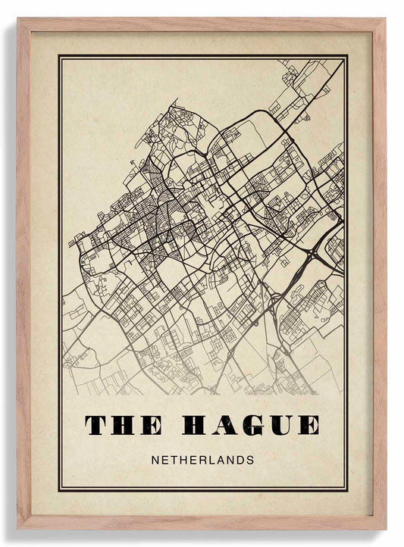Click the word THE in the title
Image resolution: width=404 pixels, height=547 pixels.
pos(123,425)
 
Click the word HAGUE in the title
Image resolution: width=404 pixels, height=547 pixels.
pos(251,425)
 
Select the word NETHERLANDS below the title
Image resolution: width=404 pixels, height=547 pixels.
pos(202,460)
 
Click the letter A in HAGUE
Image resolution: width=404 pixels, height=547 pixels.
pos(225,425)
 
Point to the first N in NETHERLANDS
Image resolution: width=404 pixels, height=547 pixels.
pos(155,460)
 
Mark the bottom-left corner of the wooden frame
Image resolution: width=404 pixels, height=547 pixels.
pos(19,527)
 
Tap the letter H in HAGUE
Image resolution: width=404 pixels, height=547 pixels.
pos(196,425)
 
